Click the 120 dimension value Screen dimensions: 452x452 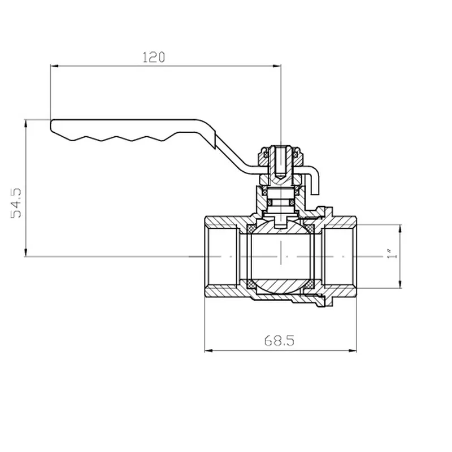coord(154,57)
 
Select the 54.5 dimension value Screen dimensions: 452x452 coord(16,203)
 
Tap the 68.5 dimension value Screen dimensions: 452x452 coord(279,341)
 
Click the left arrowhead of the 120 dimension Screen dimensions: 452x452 coord(54,66)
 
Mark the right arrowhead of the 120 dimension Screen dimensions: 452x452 coord(277,66)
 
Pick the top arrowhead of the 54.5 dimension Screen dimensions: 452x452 coord(25,124)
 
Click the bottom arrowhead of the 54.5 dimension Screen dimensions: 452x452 coord(25,252)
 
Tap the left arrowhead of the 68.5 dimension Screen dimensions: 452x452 coord(208,351)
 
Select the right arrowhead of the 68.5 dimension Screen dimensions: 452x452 coord(353,351)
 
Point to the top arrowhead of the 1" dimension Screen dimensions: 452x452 coord(400,228)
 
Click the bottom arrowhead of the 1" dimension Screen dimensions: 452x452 coord(400,284)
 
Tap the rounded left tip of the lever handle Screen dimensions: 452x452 coord(51,125)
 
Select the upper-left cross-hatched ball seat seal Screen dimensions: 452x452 coord(251,229)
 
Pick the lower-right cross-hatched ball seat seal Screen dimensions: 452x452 coord(310,285)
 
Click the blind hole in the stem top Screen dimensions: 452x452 coord(280,162)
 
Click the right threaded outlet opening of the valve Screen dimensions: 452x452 coord(339,257)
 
